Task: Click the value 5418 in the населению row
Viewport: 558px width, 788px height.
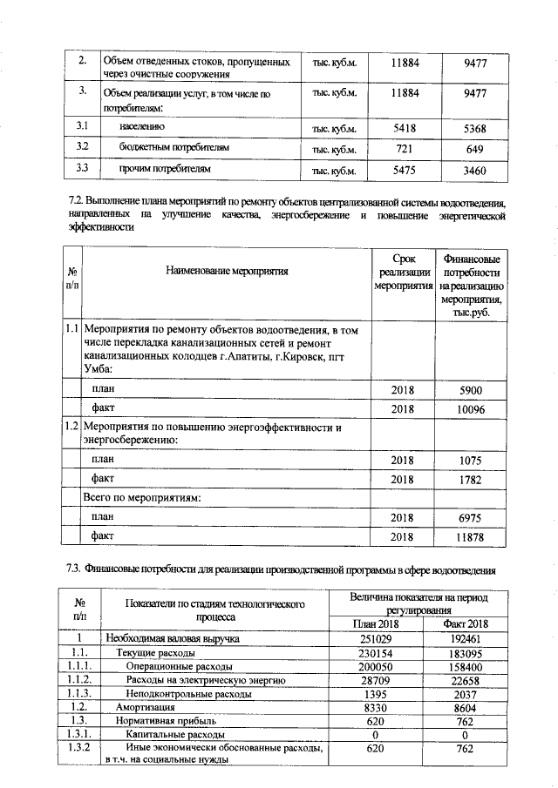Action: [404, 129]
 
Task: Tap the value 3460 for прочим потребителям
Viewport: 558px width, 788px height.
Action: [474, 169]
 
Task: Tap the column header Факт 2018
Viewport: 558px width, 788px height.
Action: [466, 623]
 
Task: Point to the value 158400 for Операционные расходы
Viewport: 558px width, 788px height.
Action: [466, 666]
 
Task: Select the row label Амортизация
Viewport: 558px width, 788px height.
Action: [143, 708]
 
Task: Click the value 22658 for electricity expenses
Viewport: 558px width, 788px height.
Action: [466, 680]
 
